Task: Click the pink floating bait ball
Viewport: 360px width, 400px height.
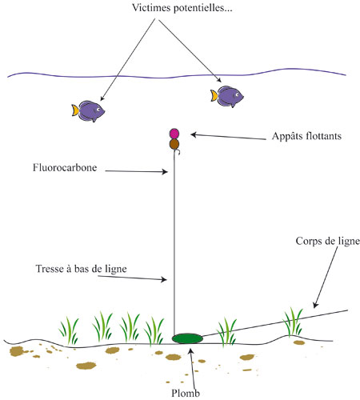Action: click(x=174, y=134)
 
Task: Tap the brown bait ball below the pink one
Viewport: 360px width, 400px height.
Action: click(x=174, y=144)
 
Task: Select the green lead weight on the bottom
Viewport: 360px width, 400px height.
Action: click(x=187, y=338)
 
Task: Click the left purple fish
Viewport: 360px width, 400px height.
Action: click(x=88, y=111)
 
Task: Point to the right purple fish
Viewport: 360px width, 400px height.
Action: click(x=227, y=96)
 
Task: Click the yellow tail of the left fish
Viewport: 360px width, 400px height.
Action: click(x=75, y=110)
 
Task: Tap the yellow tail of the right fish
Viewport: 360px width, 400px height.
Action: click(x=214, y=95)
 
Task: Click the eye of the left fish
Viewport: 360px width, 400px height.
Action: click(x=98, y=109)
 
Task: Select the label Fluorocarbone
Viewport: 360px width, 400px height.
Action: click(x=65, y=168)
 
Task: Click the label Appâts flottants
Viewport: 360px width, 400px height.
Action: click(x=306, y=136)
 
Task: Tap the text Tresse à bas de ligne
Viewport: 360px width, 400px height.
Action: click(x=81, y=269)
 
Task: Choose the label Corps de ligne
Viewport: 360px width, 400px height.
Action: click(x=328, y=241)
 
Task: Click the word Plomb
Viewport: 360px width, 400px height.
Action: click(x=186, y=394)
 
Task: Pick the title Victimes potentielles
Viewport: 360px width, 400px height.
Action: click(x=182, y=7)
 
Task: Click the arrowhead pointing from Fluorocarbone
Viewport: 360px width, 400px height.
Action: click(x=166, y=172)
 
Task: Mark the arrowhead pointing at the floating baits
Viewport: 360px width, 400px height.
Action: click(x=194, y=134)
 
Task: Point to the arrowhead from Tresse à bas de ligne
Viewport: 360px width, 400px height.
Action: click(x=164, y=279)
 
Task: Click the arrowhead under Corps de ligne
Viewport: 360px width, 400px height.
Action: click(x=315, y=305)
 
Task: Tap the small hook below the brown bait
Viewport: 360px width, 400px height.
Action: click(x=178, y=152)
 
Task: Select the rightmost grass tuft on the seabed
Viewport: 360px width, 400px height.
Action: click(x=293, y=322)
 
